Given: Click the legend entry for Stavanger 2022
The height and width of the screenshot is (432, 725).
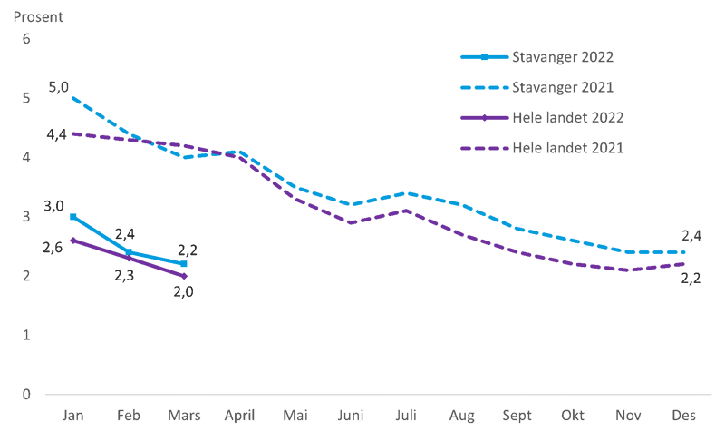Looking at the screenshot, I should (x=563, y=57).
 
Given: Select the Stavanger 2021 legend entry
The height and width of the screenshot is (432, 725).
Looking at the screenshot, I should (x=563, y=87).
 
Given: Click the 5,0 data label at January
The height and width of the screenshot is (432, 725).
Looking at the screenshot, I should (x=57, y=87).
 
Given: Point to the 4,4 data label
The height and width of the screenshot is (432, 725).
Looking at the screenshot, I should (x=56, y=134).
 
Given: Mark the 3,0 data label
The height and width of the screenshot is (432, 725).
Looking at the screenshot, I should (x=54, y=206).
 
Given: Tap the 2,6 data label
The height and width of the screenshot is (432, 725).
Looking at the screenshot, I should (x=53, y=247).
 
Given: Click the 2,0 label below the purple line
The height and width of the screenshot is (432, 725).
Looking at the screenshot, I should (x=184, y=291).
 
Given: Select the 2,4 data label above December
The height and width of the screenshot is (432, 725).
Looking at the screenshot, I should (x=691, y=235).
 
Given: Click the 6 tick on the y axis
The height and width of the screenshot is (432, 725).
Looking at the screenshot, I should (x=26, y=39).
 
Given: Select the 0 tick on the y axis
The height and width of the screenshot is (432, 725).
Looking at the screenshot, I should (x=26, y=394).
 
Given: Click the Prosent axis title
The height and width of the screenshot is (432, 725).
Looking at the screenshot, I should (x=37, y=15).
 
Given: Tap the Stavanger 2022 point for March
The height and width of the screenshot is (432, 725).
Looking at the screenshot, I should (x=184, y=263).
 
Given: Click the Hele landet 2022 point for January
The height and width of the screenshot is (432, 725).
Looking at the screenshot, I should (x=72, y=239).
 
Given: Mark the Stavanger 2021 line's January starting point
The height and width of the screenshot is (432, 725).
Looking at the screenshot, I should (x=72, y=97).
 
